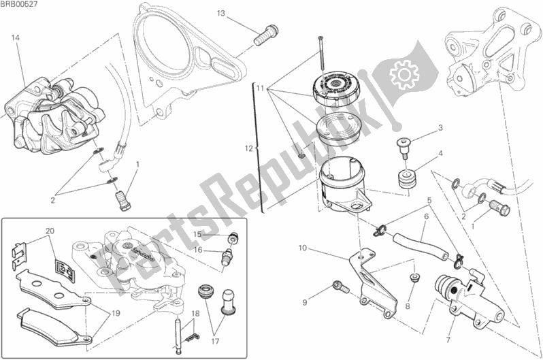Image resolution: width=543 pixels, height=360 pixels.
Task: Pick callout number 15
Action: tap(197, 233)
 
